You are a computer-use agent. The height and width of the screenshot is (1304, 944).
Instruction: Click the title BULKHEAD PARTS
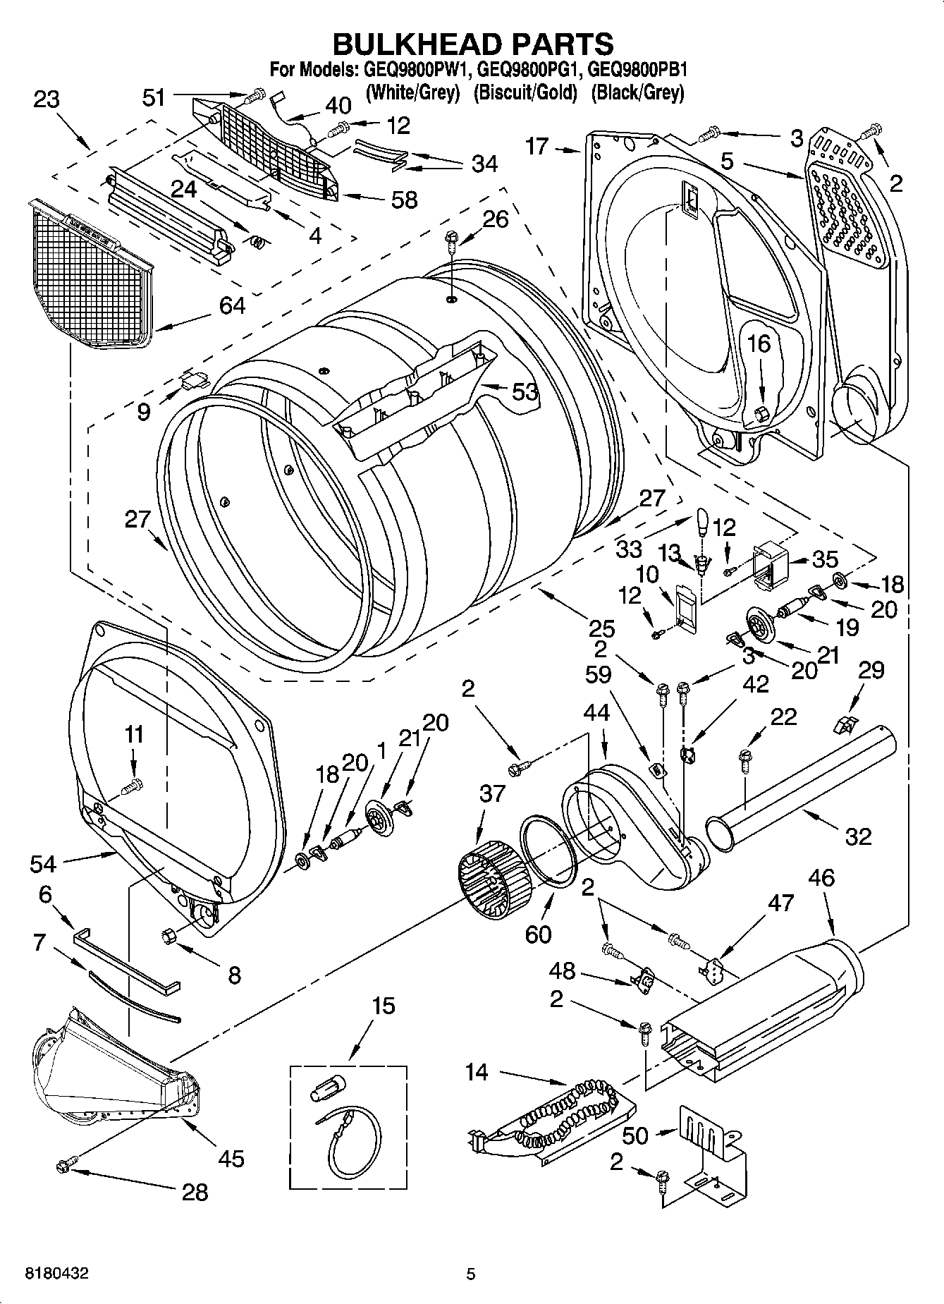[472, 44]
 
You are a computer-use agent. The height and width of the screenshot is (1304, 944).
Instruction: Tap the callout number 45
[231, 1157]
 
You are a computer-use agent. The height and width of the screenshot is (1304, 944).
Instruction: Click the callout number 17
[537, 147]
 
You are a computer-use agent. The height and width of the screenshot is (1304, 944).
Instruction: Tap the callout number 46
[821, 878]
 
